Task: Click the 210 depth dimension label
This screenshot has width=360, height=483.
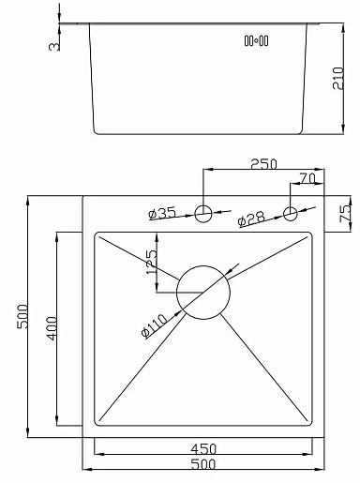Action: coord(337,78)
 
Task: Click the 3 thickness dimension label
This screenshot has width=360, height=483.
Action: coord(54,47)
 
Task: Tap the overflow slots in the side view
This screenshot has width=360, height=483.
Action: coord(256,40)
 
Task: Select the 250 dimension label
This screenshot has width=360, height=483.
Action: coord(263,164)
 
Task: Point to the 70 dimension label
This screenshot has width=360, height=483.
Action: coord(307,178)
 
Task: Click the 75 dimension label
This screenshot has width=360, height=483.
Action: coord(345,214)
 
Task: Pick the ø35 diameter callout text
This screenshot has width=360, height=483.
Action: coord(162,214)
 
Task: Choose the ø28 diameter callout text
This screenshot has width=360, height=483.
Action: coord(251,219)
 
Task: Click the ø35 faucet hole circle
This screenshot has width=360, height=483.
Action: coord(203,205)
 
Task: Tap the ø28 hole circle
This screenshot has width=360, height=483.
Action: coord(291,207)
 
